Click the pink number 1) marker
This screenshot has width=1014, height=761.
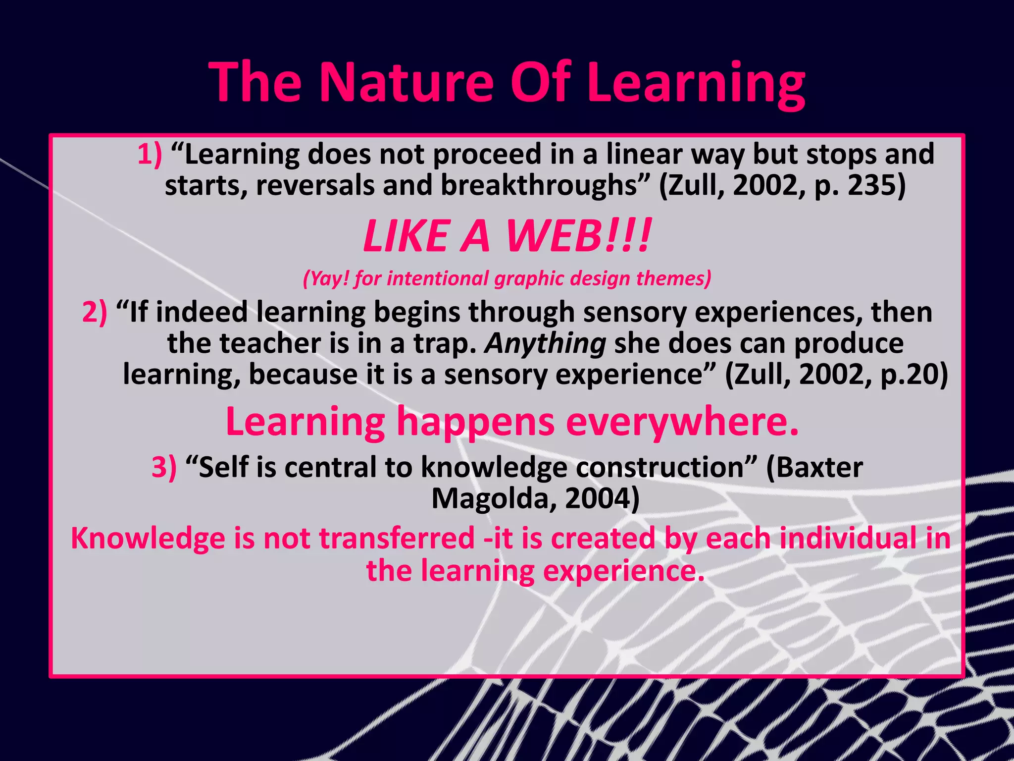click(150, 154)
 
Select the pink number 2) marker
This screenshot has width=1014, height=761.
click(94, 313)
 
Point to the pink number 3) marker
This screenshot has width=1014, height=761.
click(164, 467)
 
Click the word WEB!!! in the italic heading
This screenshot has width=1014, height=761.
click(577, 236)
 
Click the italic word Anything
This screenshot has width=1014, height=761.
click(545, 343)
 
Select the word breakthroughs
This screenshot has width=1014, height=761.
click(538, 185)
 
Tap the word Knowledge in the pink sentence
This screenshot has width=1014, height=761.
click(148, 539)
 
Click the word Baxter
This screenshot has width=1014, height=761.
click(814, 467)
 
